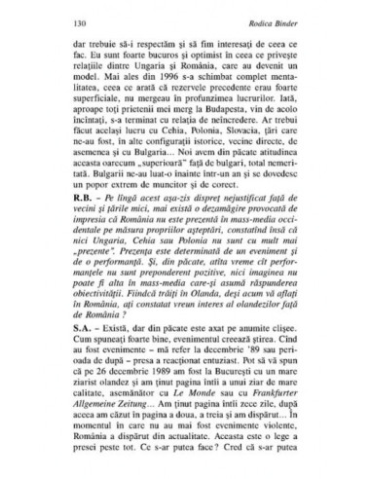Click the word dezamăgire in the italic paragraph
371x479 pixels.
click(204, 262)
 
